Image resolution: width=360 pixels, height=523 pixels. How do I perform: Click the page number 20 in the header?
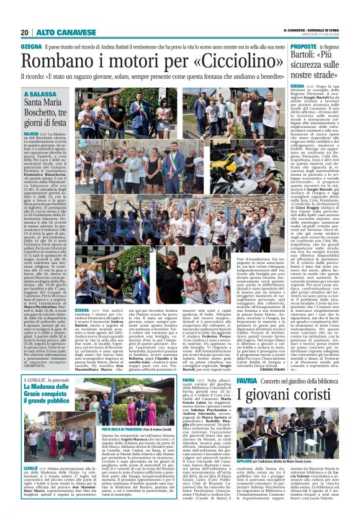point(25,32)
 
